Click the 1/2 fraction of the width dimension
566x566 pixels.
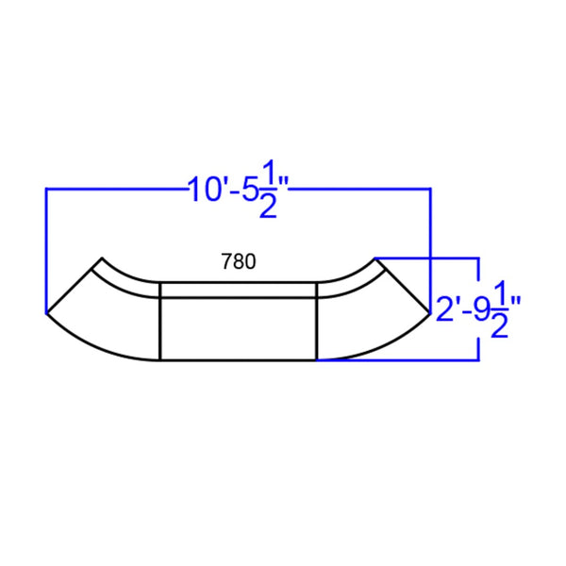pos(269,191)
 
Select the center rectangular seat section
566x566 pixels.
pos(237,326)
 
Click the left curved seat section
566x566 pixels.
pos(108,316)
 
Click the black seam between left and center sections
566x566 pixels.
pos(159,321)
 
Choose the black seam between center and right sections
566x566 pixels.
pos(314,321)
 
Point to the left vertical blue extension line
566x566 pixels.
pos(46,245)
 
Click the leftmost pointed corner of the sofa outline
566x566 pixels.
pos(46,310)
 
